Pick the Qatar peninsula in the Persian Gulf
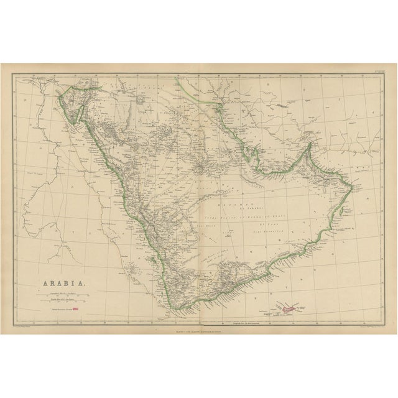pos(249,152)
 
